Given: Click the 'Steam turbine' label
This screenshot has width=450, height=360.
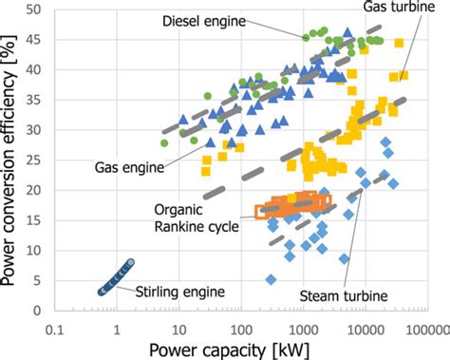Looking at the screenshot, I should tap(344, 295).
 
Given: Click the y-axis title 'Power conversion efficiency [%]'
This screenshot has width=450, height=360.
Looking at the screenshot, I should tap(12, 157).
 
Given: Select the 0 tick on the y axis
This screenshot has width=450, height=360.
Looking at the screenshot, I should tap(38, 311).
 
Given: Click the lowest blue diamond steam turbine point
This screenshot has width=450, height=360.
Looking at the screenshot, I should tap(272, 280).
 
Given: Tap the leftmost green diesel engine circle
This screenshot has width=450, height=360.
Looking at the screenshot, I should tap(164, 142).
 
